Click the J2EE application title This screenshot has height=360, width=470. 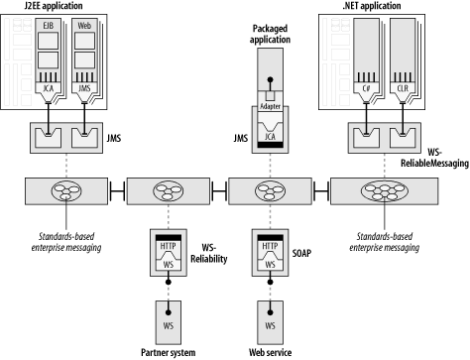(x=54, y=6)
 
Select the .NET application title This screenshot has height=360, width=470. (x=372, y=6)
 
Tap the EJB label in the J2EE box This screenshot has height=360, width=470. (x=48, y=26)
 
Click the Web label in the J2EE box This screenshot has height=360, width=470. (x=84, y=26)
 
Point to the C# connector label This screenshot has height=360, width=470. (x=366, y=88)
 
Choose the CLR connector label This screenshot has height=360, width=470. (x=403, y=88)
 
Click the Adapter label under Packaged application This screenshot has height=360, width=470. (x=271, y=106)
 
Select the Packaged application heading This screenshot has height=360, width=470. (x=270, y=34)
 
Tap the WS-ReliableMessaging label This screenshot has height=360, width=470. (x=434, y=158)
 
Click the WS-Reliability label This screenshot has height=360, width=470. (x=209, y=253)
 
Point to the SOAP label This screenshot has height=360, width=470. (x=301, y=253)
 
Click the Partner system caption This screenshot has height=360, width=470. (x=169, y=352)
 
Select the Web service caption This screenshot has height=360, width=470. (x=271, y=352)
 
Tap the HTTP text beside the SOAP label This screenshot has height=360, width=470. (x=270, y=246)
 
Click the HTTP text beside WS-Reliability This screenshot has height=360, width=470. (x=169, y=246)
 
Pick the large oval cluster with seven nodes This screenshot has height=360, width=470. (x=384, y=191)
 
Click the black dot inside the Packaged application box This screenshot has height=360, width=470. (x=271, y=79)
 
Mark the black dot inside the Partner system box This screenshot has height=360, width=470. (x=169, y=312)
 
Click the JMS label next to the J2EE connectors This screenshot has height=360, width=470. (x=114, y=138)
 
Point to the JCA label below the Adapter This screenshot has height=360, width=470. (x=270, y=137)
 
